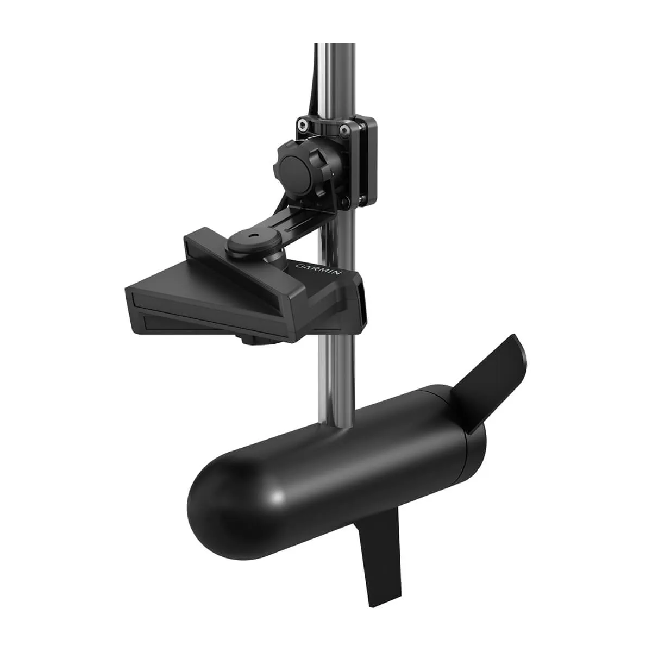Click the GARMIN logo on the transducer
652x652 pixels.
click(x=318, y=269)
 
